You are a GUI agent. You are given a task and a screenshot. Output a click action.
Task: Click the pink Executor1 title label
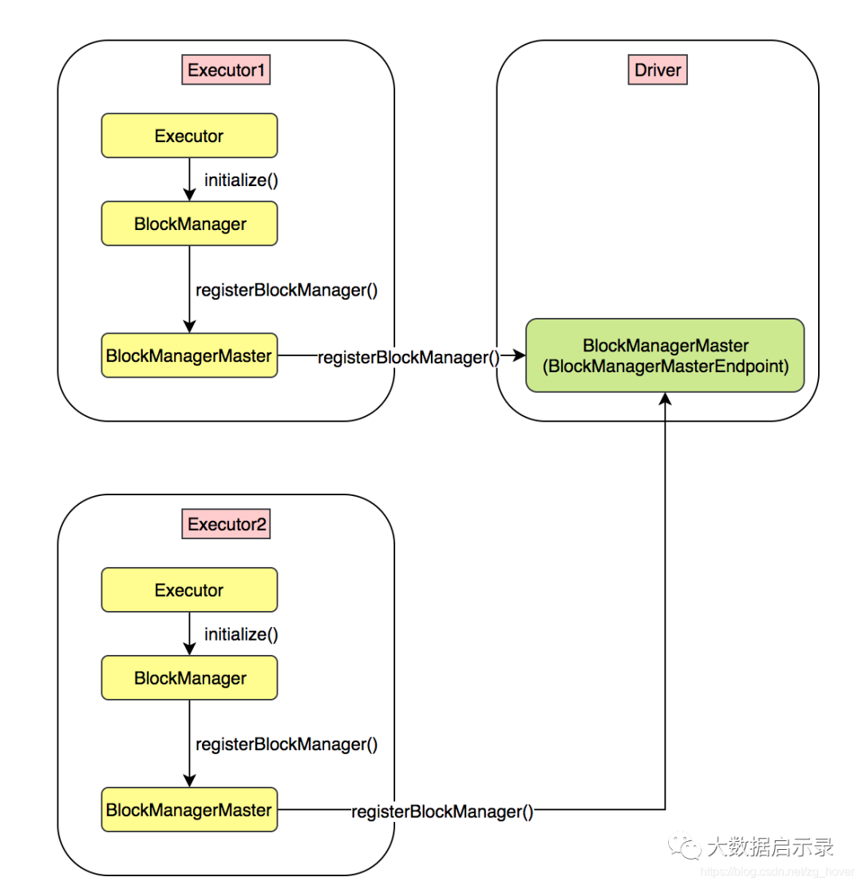226,70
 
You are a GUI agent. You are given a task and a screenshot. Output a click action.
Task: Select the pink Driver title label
658,70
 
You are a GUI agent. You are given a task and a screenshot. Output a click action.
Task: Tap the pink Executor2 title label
226,524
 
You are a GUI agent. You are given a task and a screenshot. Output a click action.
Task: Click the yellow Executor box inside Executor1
189,136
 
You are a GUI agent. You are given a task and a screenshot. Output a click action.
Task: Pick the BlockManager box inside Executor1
189,224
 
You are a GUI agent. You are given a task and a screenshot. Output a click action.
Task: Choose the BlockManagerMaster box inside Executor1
189,355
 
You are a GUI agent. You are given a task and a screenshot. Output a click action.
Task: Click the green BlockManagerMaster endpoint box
665,355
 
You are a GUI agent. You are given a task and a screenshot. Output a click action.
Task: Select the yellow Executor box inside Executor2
189,589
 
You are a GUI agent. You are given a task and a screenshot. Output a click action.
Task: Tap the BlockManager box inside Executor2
189,678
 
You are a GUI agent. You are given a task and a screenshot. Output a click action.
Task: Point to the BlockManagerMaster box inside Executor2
189,810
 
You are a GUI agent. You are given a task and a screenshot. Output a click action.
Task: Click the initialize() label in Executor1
241,180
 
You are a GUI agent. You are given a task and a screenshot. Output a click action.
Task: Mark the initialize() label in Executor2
241,634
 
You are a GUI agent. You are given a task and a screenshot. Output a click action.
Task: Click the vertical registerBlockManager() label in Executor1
287,290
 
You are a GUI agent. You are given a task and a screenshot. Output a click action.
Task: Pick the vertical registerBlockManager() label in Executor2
287,744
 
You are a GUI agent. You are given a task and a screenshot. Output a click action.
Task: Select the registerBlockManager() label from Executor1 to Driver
409,357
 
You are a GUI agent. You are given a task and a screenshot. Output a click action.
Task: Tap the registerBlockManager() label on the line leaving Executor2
442,812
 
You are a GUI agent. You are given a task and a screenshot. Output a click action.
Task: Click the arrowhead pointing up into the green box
665,399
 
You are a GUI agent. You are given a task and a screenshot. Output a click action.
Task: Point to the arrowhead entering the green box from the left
519,355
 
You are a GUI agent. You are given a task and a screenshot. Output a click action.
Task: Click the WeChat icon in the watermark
684,846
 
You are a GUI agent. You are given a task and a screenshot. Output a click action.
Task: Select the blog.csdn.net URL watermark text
777,872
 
